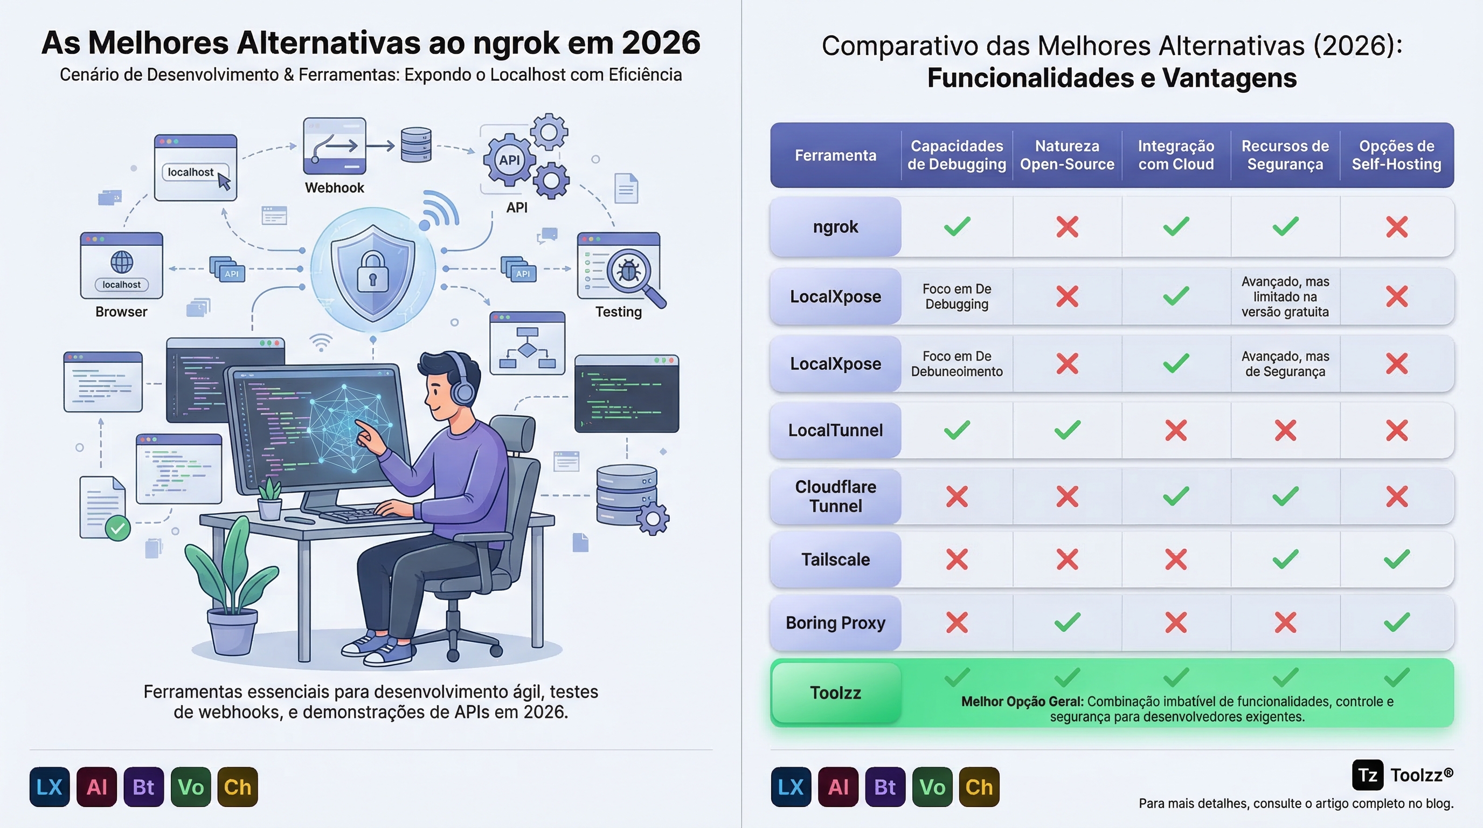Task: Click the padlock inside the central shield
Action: coord(372,272)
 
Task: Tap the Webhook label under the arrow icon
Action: coord(335,188)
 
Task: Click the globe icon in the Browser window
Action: coord(121,263)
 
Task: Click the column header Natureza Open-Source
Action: coord(1067,155)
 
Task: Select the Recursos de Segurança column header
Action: coord(1285,155)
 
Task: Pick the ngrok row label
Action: coord(835,227)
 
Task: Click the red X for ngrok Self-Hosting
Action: coord(1397,227)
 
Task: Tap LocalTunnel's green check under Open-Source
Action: coord(1067,430)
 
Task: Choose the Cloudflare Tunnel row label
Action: coord(835,496)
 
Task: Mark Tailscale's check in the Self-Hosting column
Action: coord(1397,559)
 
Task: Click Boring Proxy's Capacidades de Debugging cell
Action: coord(957,623)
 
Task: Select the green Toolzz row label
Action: coord(835,693)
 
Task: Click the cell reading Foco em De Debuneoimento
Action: coord(957,364)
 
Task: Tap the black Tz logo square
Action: coord(1368,775)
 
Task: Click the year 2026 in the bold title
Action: coord(661,43)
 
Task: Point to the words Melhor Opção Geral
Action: coord(1022,701)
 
